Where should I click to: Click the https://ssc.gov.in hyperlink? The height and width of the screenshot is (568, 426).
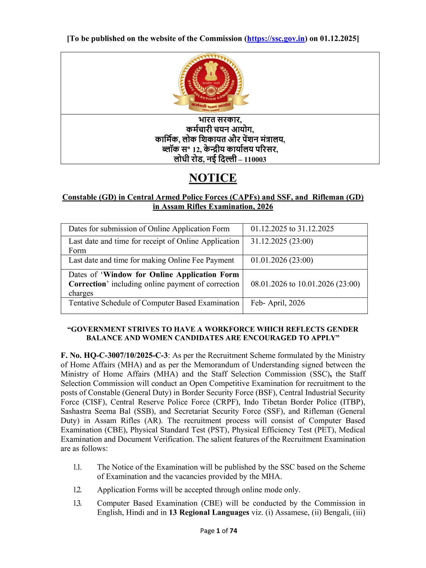pyautogui.click(x=276, y=39)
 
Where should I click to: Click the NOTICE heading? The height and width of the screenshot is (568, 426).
pyautogui.click(x=213, y=178)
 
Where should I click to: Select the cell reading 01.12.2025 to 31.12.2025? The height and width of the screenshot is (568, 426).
pyautogui.click(x=292, y=229)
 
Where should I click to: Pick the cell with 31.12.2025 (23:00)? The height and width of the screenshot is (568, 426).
pyautogui.click(x=282, y=241)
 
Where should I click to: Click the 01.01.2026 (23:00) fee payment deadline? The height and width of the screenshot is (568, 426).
pyautogui.click(x=282, y=260)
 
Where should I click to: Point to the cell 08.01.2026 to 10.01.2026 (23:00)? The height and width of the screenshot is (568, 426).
pyautogui.click(x=305, y=284)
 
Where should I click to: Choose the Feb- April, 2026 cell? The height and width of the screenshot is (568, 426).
pyautogui.click(x=278, y=303)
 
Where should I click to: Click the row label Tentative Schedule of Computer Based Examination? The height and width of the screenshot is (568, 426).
pyautogui.click(x=154, y=303)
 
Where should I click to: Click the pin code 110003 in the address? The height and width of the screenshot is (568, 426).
pyautogui.click(x=255, y=160)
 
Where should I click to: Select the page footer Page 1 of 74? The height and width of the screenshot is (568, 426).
pyautogui.click(x=219, y=531)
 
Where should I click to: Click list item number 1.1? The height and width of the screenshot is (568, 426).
pyautogui.click(x=77, y=467)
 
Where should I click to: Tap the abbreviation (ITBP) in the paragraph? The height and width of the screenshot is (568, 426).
pyautogui.click(x=352, y=402)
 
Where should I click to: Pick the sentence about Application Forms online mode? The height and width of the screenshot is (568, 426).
pyautogui.click(x=199, y=490)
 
